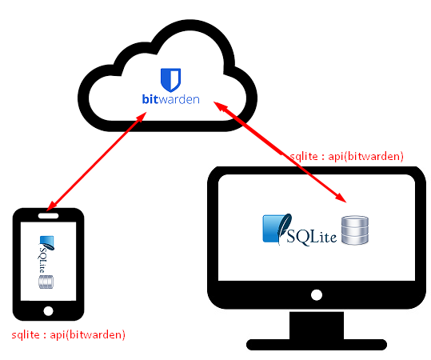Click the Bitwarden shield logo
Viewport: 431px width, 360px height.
(170, 80)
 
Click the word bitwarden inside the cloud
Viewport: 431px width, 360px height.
(170, 99)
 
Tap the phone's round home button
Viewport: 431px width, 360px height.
(48, 311)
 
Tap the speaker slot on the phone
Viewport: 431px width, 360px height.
(48, 216)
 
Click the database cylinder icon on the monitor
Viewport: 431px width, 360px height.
(355, 230)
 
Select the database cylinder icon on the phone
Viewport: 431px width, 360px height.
(46, 282)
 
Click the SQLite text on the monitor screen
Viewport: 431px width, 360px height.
(311, 237)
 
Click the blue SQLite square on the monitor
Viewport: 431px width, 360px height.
(272, 229)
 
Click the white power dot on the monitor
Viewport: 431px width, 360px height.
(317, 295)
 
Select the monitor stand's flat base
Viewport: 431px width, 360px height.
(317, 345)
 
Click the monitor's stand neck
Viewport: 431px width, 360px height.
(317, 326)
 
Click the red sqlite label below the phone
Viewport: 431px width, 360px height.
(69, 334)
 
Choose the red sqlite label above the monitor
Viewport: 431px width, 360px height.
(347, 157)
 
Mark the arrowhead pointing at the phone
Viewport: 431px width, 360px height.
(51, 206)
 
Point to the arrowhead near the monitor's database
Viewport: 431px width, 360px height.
(341, 198)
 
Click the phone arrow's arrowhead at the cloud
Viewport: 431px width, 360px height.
(141, 117)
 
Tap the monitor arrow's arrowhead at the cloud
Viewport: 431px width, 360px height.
(220, 106)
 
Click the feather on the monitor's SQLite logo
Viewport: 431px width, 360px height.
(284, 228)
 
